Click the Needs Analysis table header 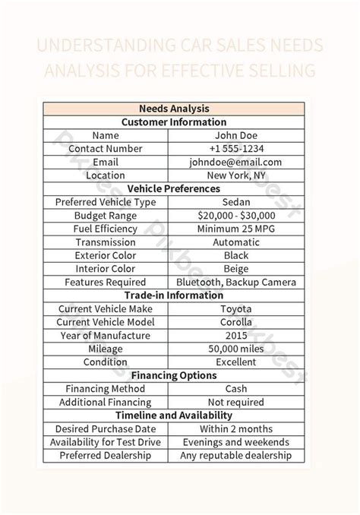pos(174,109)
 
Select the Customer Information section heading pos(174,122)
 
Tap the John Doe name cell pos(235,135)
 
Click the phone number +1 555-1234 pos(235,148)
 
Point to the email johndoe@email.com pos(235,162)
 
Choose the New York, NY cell pos(235,175)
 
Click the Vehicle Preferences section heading pos(174,188)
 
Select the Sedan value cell pos(235,202)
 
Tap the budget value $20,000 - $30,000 pos(235,215)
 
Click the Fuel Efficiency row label pos(106,229)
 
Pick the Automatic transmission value pos(235,242)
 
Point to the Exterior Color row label pos(106,255)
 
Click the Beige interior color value pos(235,268)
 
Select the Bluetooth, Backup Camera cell pos(235,282)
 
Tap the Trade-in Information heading pos(174,295)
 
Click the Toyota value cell pos(235,308)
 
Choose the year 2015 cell pos(235,335)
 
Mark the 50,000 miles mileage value pos(235,349)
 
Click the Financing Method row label pos(106,388)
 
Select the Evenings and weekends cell pos(235,442)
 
